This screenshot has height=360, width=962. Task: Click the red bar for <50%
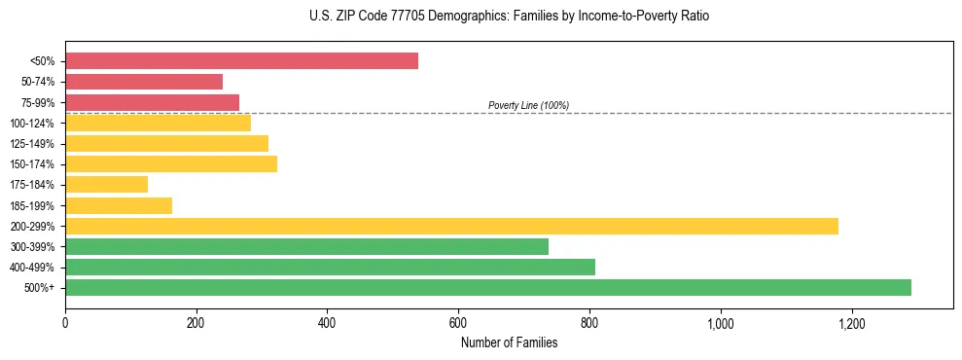coord(241,61)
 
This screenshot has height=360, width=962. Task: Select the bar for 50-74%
coord(144,82)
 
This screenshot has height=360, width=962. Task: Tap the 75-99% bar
coord(152,102)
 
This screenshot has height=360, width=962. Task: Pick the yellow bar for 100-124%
coord(158,123)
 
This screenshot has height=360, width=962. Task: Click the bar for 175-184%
coord(106,184)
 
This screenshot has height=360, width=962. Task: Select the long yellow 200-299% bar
coord(451,226)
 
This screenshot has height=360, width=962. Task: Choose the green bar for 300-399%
coord(306,246)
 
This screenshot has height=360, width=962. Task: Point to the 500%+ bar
coord(487,287)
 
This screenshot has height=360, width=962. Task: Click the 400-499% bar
coord(330,267)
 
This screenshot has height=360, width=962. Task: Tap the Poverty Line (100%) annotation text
coord(528,105)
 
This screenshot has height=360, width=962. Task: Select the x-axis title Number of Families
coord(509,342)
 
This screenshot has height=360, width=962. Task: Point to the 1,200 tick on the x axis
coord(851,322)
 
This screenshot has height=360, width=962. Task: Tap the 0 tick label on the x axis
coord(65,322)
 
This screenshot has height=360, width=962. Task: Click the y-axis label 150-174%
coord(32,164)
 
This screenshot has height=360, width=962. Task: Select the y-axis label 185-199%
coord(32,205)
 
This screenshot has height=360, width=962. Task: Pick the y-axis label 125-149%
coord(32,144)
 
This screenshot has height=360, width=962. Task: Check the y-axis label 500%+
coord(40,288)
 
